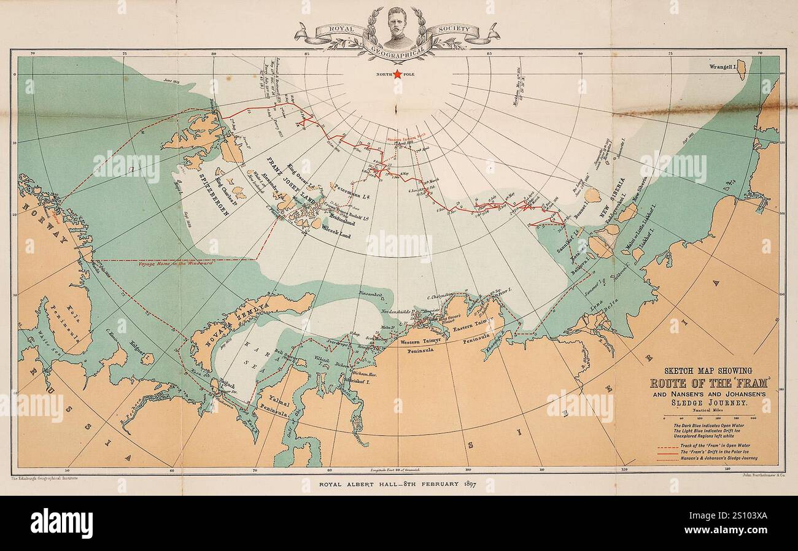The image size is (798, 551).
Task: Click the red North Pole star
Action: pyautogui.click(x=397, y=74)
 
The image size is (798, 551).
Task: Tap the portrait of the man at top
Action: pyautogui.click(x=398, y=28)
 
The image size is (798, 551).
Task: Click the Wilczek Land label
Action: pyautogui.click(x=335, y=231)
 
